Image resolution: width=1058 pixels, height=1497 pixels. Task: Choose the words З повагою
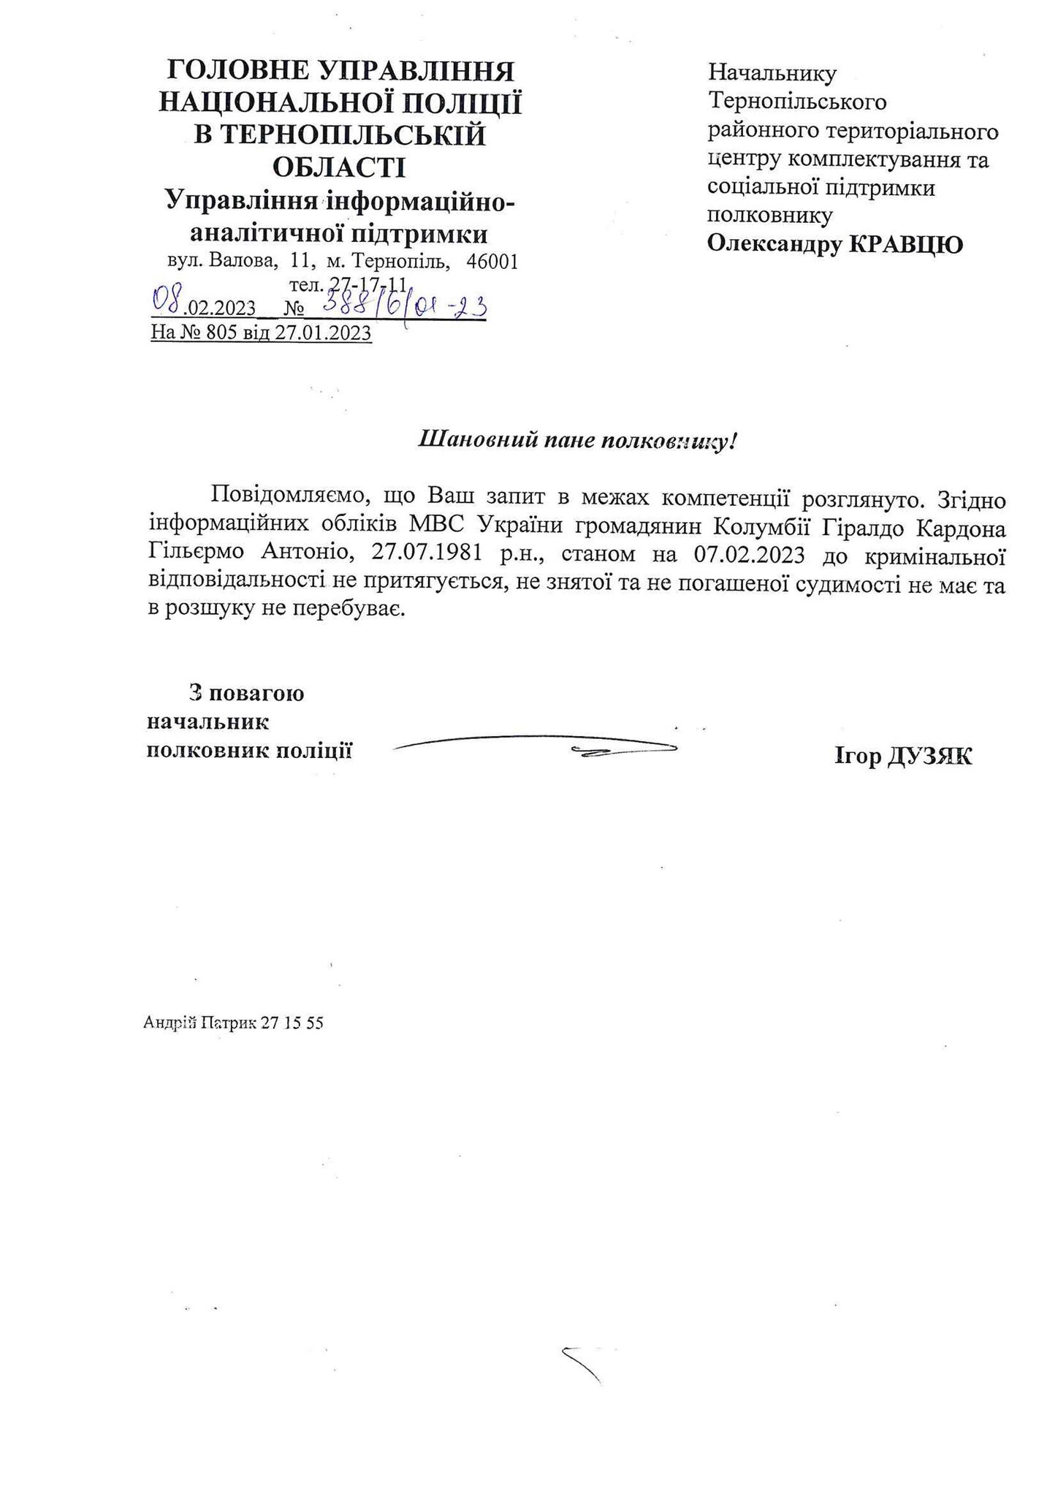point(246,693)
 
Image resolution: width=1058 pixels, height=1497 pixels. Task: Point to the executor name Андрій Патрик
point(194,1023)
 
